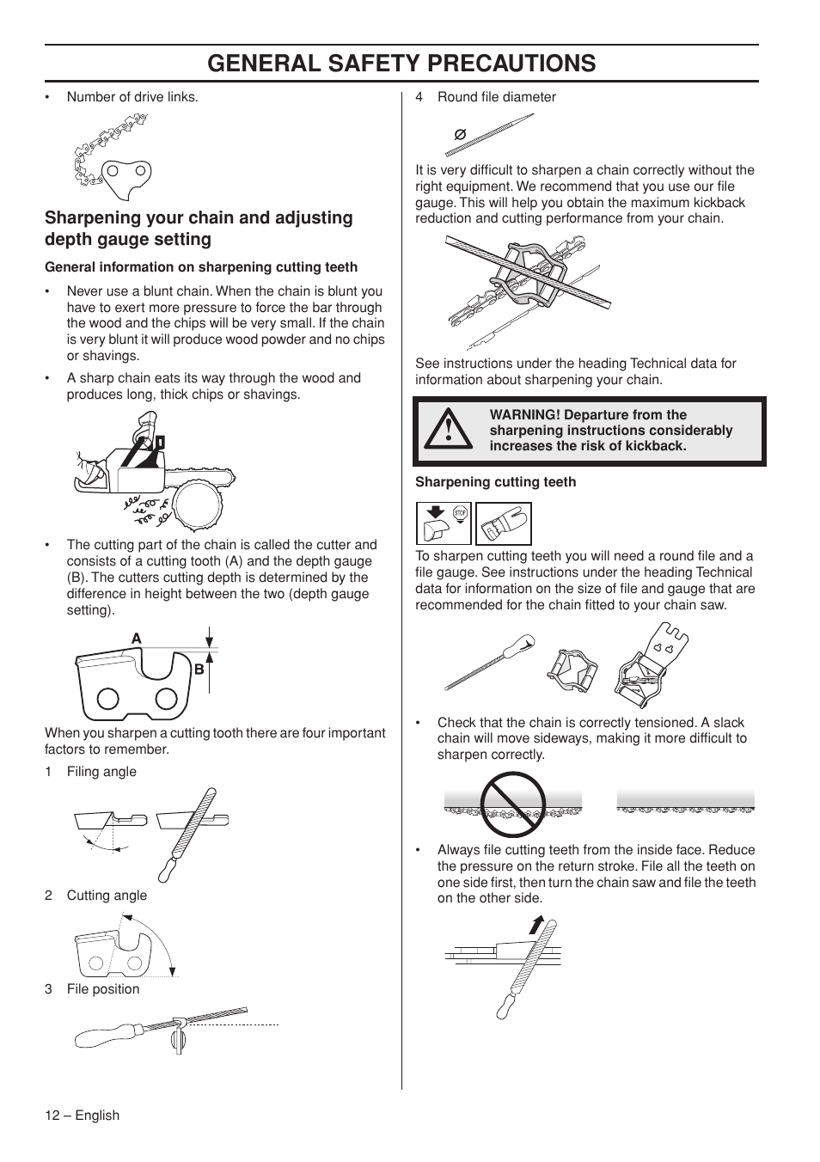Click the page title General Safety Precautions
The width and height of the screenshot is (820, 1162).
(x=401, y=63)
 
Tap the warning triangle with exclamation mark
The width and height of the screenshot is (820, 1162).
(x=448, y=430)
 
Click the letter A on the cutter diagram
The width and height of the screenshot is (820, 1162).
(x=136, y=639)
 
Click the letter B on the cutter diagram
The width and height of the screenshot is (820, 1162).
(x=198, y=669)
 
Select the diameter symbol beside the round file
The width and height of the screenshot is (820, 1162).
(x=460, y=135)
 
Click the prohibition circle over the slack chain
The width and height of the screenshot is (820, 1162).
(x=513, y=804)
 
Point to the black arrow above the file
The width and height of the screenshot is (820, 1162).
(x=537, y=925)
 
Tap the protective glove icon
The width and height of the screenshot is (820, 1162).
(x=504, y=523)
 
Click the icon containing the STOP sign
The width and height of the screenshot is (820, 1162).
(x=444, y=523)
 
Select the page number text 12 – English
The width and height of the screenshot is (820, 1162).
(x=83, y=1115)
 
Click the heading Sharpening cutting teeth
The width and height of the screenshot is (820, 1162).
(x=495, y=482)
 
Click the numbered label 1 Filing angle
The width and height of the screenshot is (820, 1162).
(x=91, y=772)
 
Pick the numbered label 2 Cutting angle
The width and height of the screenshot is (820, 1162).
(x=96, y=896)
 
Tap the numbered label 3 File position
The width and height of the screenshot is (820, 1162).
(x=92, y=989)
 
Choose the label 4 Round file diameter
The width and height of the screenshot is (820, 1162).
(x=486, y=97)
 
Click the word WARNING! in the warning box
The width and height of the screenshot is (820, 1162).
(x=525, y=415)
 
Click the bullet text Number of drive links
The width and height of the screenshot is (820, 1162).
(x=132, y=97)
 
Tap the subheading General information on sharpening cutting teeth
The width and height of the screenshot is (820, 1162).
(x=201, y=267)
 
